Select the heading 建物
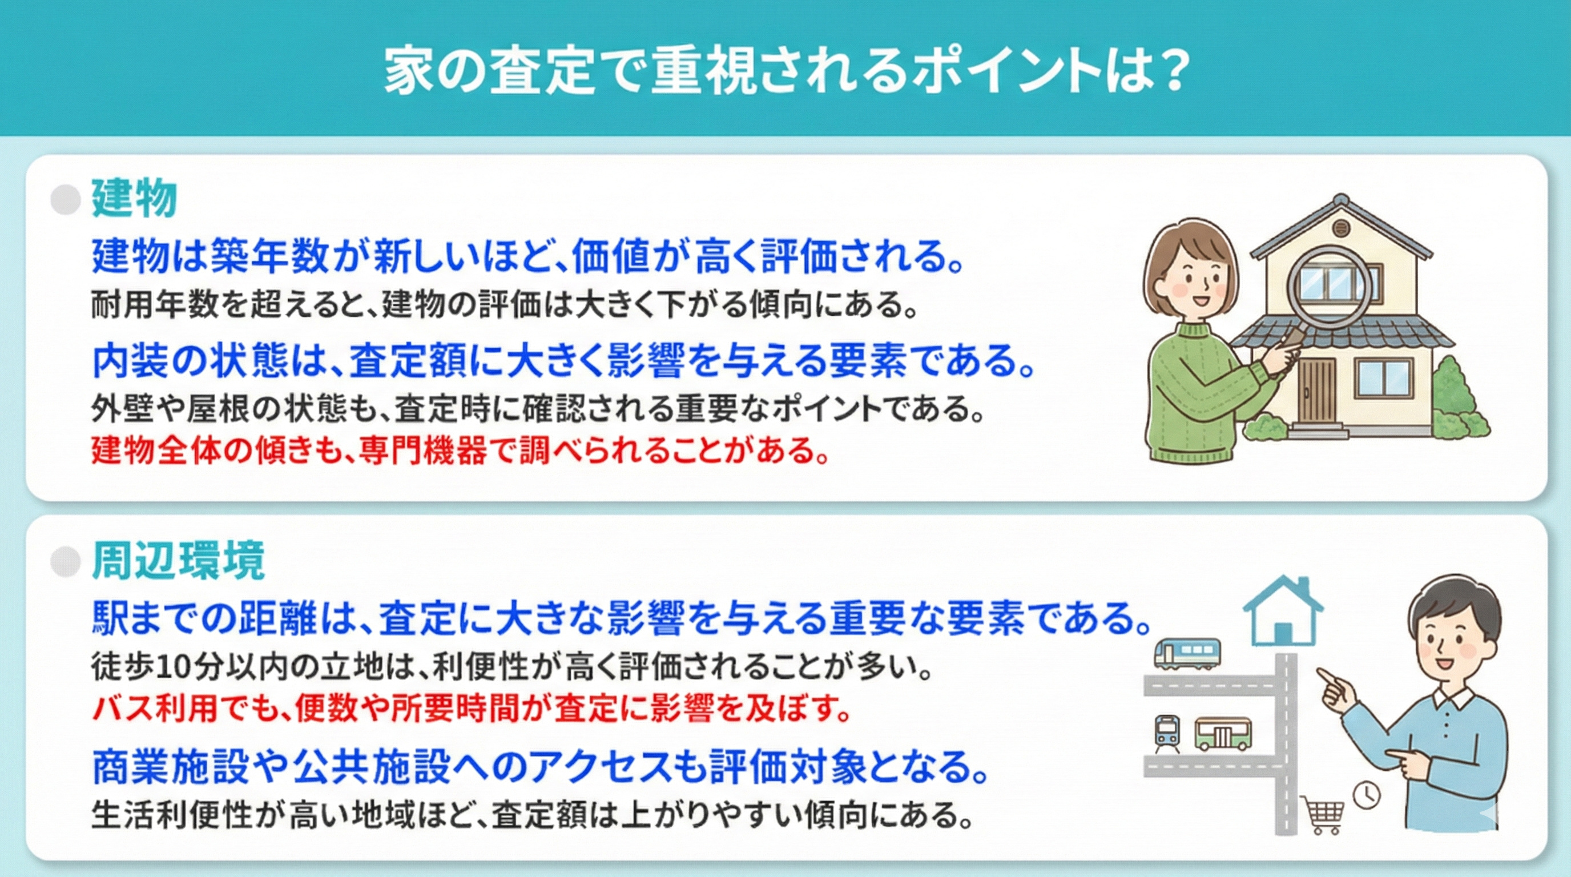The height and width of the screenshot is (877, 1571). pos(134,198)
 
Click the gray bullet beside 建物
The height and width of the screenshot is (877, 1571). pos(66,199)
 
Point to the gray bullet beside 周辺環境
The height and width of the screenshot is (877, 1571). pos(66,561)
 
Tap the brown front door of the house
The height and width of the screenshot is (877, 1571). pos(1316,391)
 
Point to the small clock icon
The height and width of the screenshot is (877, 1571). pos(1367,795)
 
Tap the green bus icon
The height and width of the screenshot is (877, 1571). pos(1223,734)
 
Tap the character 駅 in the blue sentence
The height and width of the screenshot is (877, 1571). pos(110,618)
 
